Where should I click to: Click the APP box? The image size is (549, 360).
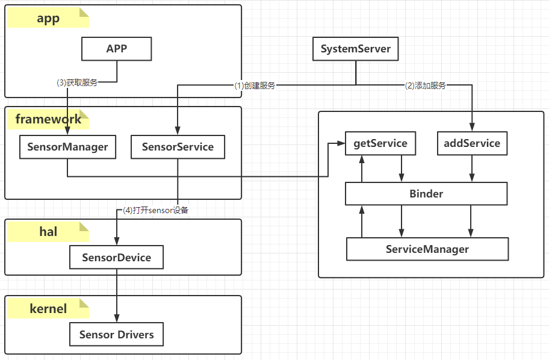[x=117, y=49]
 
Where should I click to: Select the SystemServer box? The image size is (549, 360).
[x=356, y=49]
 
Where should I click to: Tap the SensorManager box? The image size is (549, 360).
[x=67, y=147]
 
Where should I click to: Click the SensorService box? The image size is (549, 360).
[x=178, y=147]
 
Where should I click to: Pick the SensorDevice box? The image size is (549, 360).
[x=117, y=258]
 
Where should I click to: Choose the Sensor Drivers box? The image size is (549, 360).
[x=117, y=335]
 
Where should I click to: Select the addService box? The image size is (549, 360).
[x=472, y=143]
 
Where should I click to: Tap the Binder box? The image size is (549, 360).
[x=426, y=194]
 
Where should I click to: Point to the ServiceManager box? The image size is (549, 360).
[x=427, y=249]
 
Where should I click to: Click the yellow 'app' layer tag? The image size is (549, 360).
[x=48, y=19]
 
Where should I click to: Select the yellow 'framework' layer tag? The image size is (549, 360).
[x=48, y=119]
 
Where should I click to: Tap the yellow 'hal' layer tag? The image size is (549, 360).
[x=48, y=232]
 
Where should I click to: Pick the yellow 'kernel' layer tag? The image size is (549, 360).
[x=48, y=309]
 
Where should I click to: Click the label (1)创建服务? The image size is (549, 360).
[x=255, y=85]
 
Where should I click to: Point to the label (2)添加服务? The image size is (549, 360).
[x=426, y=85]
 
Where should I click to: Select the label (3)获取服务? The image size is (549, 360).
[x=76, y=83]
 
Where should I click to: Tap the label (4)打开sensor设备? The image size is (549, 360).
[x=155, y=211]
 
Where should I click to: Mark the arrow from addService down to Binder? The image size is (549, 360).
[x=472, y=169]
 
